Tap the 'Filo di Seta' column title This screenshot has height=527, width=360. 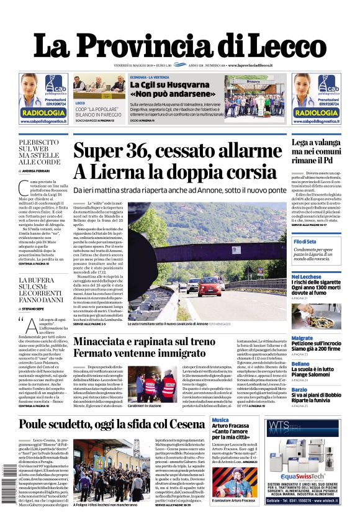point(305,241)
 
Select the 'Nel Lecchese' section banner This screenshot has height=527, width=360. point(307,276)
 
